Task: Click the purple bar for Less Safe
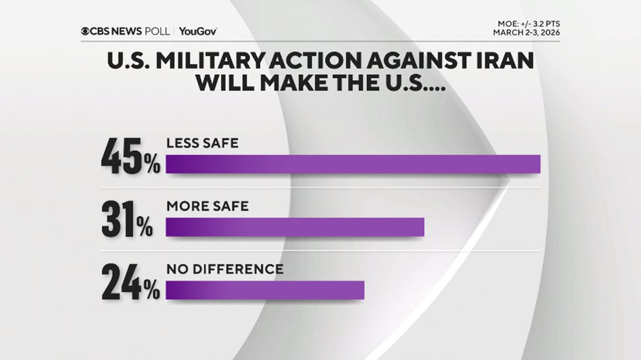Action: click(352, 165)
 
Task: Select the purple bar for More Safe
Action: click(295, 227)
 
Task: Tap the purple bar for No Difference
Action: click(264, 290)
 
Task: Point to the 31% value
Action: click(128, 221)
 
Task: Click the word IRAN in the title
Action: click(503, 64)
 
